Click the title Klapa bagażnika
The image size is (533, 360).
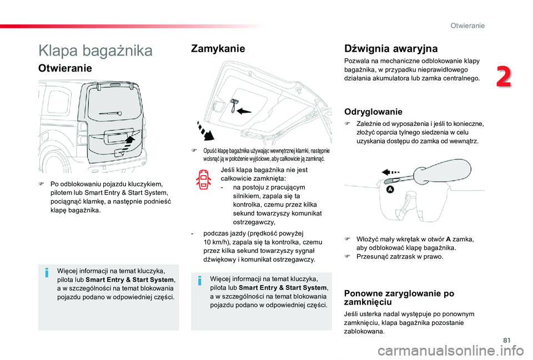pos(95,50)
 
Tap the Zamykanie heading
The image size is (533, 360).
pos(218,49)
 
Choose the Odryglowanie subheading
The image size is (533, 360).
pos(373,111)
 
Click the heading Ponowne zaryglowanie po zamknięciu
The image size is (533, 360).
pos(399,297)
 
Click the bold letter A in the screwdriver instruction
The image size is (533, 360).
pos(446,239)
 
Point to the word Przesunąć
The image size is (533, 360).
pos(371,256)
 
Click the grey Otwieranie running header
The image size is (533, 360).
pos(467,26)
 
